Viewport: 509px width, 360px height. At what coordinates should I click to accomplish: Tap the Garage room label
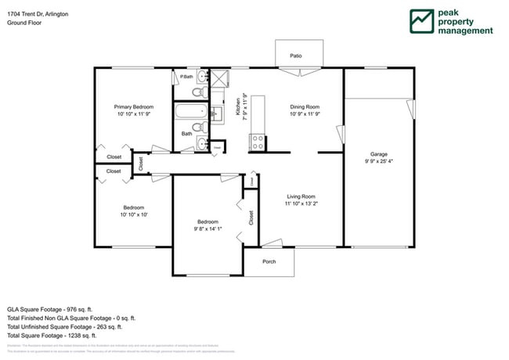(379, 154)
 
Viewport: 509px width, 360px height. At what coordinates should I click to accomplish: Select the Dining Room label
(305, 106)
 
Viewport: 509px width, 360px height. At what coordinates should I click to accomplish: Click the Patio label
(296, 56)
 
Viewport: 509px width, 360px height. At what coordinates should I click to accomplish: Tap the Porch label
(269, 261)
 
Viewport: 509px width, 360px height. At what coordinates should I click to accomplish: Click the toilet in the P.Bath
(200, 92)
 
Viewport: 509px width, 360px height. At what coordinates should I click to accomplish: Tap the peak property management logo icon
(423, 21)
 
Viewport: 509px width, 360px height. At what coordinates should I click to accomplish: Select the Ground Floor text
(24, 23)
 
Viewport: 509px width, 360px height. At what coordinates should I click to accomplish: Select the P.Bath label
(186, 77)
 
